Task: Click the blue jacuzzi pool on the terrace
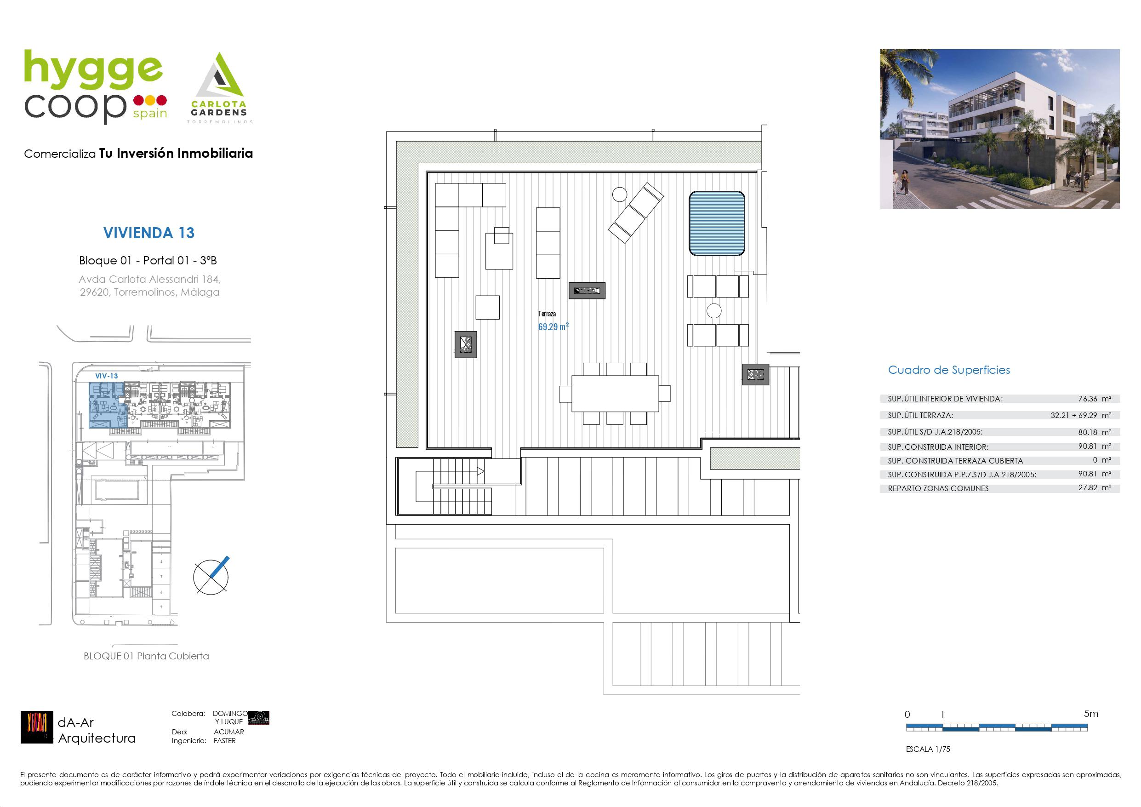pyautogui.click(x=717, y=224)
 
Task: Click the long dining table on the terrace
pyautogui.click(x=615, y=393)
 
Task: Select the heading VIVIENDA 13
pyautogui.click(x=148, y=233)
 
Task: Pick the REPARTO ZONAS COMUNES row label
pyautogui.click(x=938, y=488)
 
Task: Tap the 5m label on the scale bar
pyautogui.click(x=1091, y=714)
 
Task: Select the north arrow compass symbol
pyautogui.click(x=211, y=576)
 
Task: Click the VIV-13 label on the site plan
pyautogui.click(x=107, y=376)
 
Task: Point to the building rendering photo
pyautogui.click(x=1000, y=129)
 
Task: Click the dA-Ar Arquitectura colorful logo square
pyautogui.click(x=37, y=727)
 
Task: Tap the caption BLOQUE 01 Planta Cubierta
pyautogui.click(x=146, y=656)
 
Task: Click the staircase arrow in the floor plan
pyautogui.click(x=480, y=471)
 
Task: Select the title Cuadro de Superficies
pyautogui.click(x=949, y=370)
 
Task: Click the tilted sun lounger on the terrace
pyautogui.click(x=636, y=212)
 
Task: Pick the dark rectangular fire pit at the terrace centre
pyautogui.click(x=587, y=290)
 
